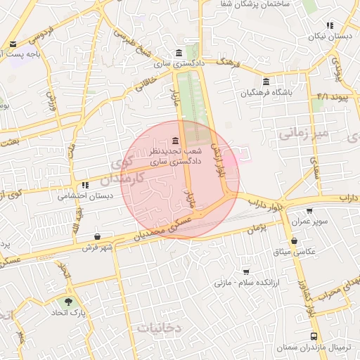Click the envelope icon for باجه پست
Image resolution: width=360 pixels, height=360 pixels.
click(13, 44)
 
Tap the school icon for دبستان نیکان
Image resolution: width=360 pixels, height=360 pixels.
click(330, 25)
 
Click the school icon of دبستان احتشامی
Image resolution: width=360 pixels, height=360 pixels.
click(85, 186)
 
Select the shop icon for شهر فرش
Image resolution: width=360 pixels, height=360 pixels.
click(96, 236)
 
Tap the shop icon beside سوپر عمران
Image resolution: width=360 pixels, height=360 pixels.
click(309, 210)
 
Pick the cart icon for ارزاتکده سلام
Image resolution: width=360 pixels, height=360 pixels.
click(245, 271)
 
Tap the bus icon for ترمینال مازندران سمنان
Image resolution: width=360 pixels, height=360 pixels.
click(313, 336)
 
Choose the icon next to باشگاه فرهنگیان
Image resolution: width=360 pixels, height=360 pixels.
click(265, 81)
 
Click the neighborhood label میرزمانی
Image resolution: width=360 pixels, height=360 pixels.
click(303, 132)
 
